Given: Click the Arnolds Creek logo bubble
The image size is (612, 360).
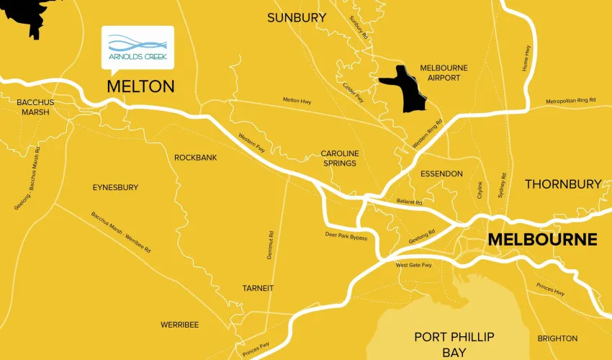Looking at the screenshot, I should pos(138,48).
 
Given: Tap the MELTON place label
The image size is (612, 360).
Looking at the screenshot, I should pos(140,86).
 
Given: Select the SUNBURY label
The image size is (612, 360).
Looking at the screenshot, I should pos(292,18).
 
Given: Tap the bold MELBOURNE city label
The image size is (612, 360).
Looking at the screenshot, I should pos(542,239).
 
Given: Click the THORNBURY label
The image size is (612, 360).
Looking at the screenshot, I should pos(562,184).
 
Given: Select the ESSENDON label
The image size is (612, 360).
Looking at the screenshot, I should pos(441,174).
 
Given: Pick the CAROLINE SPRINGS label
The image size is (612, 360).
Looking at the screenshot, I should pos(339,158).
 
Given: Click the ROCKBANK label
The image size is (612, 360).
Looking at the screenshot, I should pos(195,158).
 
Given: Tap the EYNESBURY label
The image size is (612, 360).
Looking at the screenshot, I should pos(115,187).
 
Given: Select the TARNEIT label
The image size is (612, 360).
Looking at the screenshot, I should pos(258,288).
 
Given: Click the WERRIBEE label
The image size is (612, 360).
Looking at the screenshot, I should pos(179,325).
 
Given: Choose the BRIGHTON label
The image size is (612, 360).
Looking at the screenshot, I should pos(557,338).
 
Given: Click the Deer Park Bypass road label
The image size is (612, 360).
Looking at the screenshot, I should pos(346,236).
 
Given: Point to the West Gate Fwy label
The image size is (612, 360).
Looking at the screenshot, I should pos(413,265).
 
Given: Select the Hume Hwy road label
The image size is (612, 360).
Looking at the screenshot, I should pos(526,58).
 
